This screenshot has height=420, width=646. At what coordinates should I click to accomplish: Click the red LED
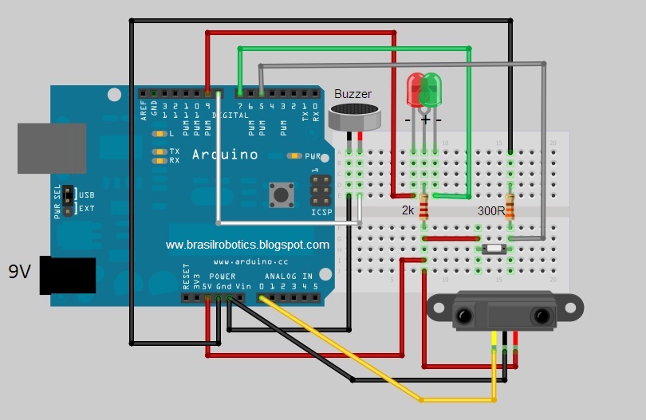[x=416, y=89]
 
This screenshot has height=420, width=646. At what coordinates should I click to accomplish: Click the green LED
[x=432, y=89]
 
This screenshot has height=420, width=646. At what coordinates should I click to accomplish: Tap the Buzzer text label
[x=353, y=94]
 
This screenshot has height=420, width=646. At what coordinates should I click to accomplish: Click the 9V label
[x=19, y=272]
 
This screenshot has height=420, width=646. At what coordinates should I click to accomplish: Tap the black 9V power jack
[x=68, y=276]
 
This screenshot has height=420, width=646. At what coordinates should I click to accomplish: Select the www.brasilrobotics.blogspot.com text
[x=247, y=245]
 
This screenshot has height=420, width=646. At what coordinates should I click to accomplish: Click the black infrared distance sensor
[x=502, y=312]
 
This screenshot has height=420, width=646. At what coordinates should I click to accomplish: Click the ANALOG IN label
[x=290, y=277]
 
